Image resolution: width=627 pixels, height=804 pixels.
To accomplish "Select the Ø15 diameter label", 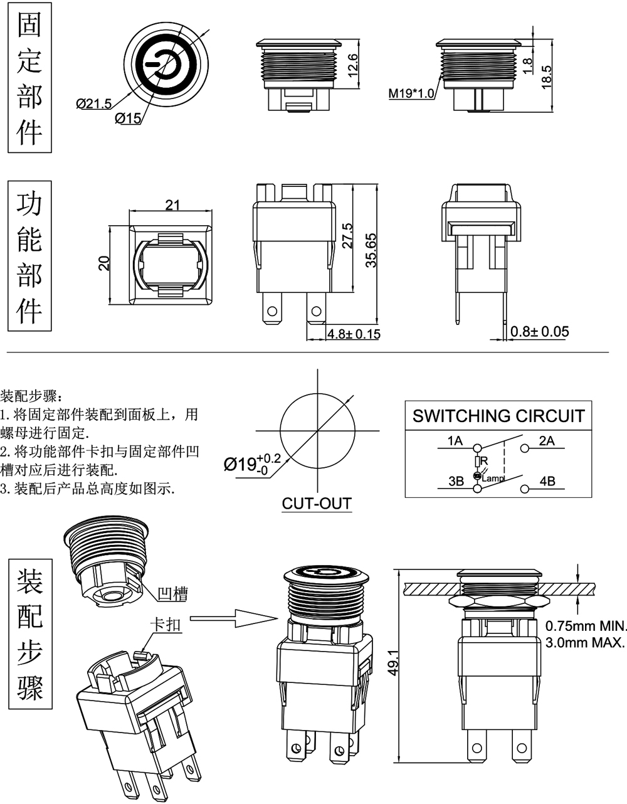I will [128, 117].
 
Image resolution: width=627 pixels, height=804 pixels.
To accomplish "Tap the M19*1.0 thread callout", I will [411, 93].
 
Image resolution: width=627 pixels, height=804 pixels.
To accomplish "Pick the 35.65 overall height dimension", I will [371, 251].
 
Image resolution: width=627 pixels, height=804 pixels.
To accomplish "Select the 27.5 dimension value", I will [347, 236].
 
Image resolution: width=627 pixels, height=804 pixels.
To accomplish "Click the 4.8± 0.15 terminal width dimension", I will [354, 334].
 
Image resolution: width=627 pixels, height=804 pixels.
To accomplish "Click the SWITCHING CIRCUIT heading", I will [498, 416].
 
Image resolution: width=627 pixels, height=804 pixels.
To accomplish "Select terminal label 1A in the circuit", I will [455, 441].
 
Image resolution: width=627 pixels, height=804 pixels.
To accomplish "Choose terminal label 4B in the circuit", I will [547, 482].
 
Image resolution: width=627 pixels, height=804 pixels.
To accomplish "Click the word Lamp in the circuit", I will [493, 479].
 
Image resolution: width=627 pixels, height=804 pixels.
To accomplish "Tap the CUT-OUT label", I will [317, 503].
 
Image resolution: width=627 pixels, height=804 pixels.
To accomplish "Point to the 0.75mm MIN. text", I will [586, 625].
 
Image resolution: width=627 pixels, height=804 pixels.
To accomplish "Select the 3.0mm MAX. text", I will [586, 642].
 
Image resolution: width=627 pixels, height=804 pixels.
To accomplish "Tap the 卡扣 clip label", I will [166, 625].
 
